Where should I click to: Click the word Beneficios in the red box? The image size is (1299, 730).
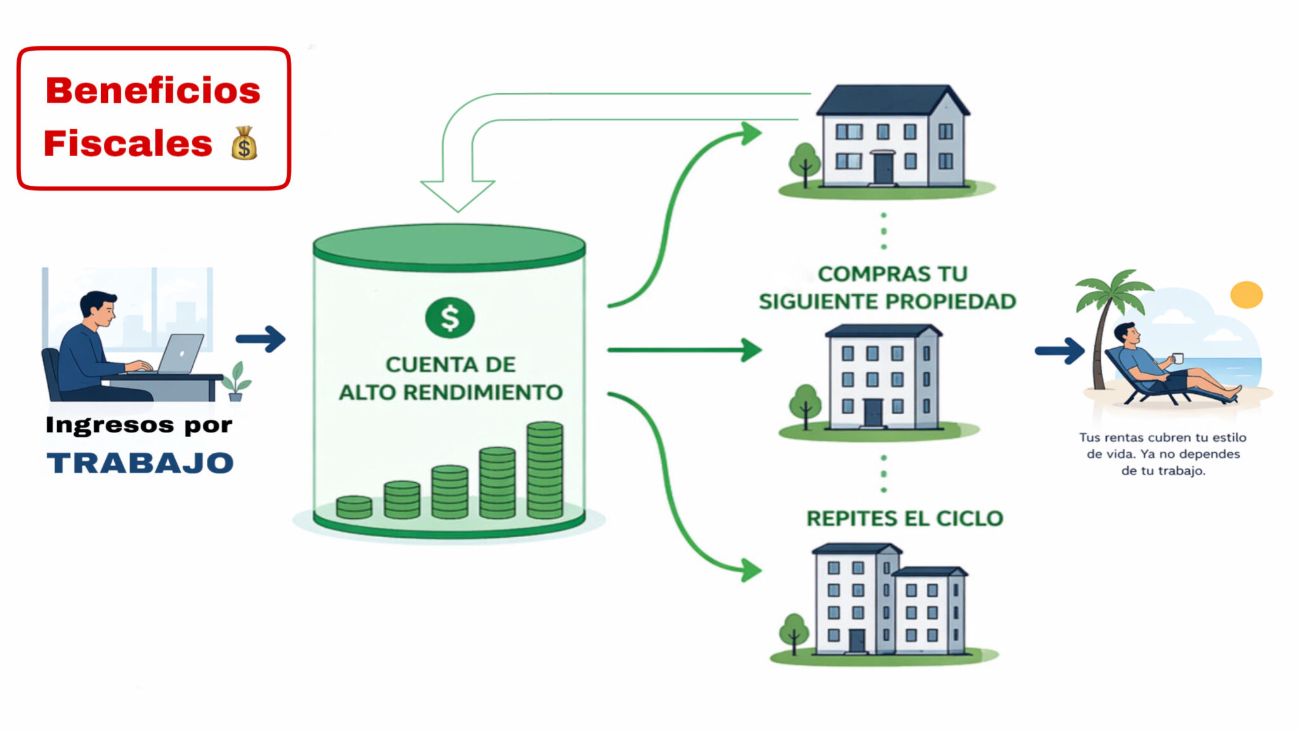click(153, 90)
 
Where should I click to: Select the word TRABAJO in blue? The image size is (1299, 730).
click(140, 463)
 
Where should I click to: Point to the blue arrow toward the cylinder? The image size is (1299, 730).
click(261, 339)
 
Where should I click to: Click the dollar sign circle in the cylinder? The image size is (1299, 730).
click(450, 318)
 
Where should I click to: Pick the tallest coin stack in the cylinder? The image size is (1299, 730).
click(545, 470)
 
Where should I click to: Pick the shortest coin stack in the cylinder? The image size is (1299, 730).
click(354, 507)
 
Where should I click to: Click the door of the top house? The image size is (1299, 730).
click(883, 168)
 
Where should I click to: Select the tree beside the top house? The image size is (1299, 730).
click(805, 164)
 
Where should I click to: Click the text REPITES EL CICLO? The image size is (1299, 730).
click(904, 518)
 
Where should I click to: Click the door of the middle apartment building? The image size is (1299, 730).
click(873, 413)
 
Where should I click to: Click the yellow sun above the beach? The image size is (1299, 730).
click(1246, 295)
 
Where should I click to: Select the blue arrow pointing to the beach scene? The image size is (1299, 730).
click(1060, 351)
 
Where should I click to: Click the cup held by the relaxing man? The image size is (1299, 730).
click(1178, 358)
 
